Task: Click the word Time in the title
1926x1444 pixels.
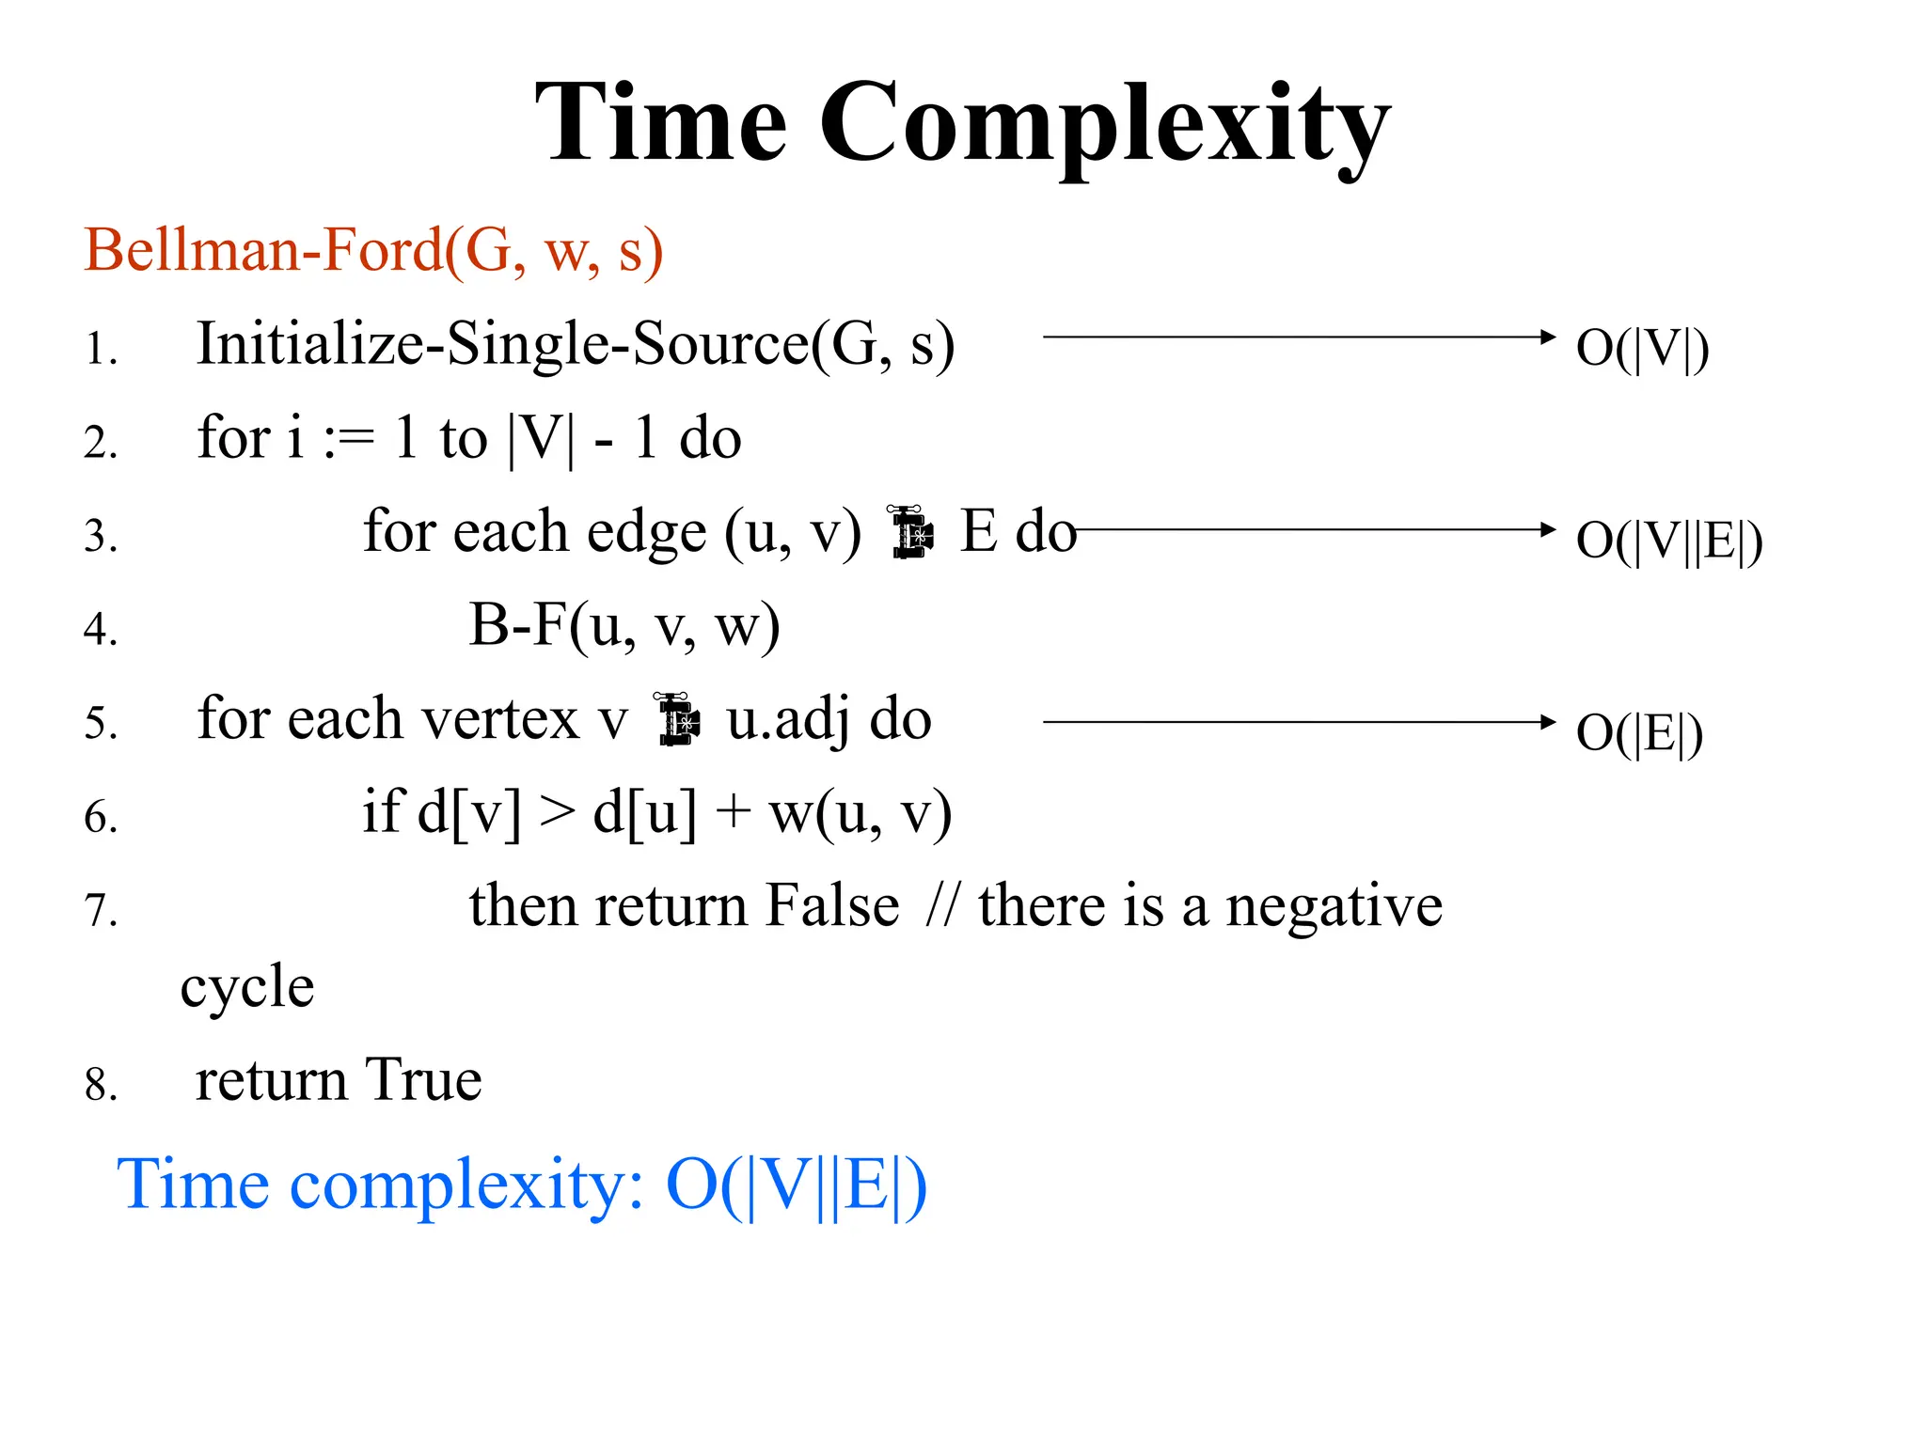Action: [x=660, y=123]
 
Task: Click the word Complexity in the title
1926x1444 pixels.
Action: [x=1104, y=127]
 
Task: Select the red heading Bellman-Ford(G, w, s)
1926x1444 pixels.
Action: [x=373, y=251]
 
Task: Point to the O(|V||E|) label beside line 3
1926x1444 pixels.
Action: [x=1668, y=541]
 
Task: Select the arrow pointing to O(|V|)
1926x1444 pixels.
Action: [x=1299, y=337]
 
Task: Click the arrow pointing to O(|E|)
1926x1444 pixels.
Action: [x=1299, y=722]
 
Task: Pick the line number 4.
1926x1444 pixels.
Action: [x=101, y=629]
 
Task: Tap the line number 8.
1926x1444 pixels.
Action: [x=101, y=1084]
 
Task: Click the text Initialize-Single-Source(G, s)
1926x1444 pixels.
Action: [x=575, y=344]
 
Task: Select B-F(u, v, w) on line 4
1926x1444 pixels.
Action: [x=624, y=625]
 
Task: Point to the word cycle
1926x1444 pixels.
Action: [x=247, y=988]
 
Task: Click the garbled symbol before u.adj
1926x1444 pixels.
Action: [x=677, y=720]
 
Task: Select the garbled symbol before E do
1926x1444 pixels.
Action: [x=910, y=532]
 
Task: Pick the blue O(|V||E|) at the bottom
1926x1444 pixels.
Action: [x=796, y=1185]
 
